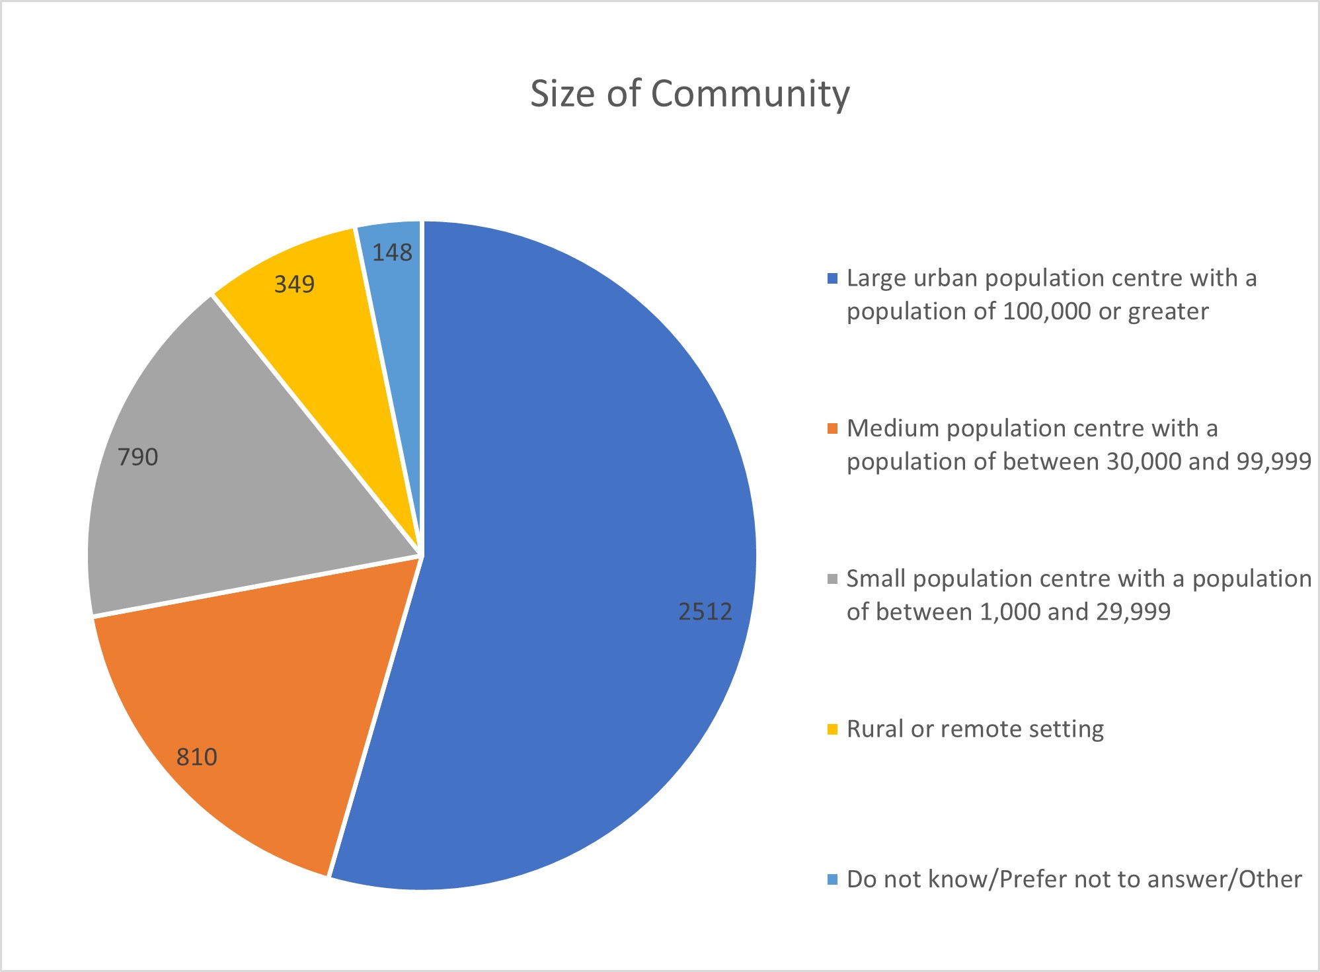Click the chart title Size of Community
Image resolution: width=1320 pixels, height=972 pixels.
pyautogui.click(x=689, y=93)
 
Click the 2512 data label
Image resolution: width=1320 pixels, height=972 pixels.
pyautogui.click(x=705, y=612)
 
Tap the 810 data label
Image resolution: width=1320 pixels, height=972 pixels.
pyautogui.click(x=196, y=756)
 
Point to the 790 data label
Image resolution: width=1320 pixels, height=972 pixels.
pyautogui.click(x=137, y=457)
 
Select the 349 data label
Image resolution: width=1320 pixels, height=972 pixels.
pyautogui.click(x=294, y=284)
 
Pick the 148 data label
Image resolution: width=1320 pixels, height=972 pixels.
pyautogui.click(x=392, y=253)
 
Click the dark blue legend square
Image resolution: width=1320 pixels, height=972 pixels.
pyautogui.click(x=832, y=278)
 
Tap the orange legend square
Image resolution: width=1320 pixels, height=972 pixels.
pyautogui.click(x=832, y=428)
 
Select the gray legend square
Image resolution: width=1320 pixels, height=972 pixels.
pyautogui.click(x=832, y=579)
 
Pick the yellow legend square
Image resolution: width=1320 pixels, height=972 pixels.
pyautogui.click(x=832, y=729)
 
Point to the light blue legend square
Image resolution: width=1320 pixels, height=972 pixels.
pyautogui.click(x=832, y=879)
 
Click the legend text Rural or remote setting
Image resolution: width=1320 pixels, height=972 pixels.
pyautogui.click(x=975, y=729)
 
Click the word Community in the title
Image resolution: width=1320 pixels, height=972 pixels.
pyautogui.click(x=750, y=93)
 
